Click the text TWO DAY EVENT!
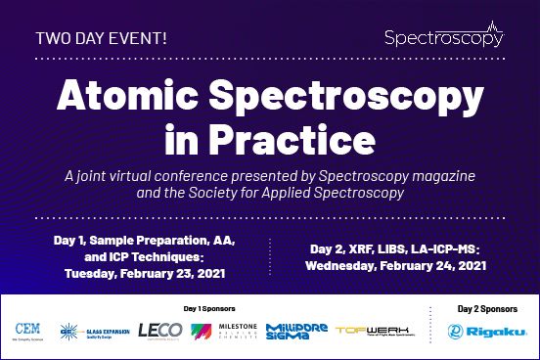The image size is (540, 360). click(101, 39)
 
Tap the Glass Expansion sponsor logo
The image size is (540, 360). click(94, 332)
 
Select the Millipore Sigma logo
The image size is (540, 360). click(294, 332)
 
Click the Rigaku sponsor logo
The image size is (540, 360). click(479, 332)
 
